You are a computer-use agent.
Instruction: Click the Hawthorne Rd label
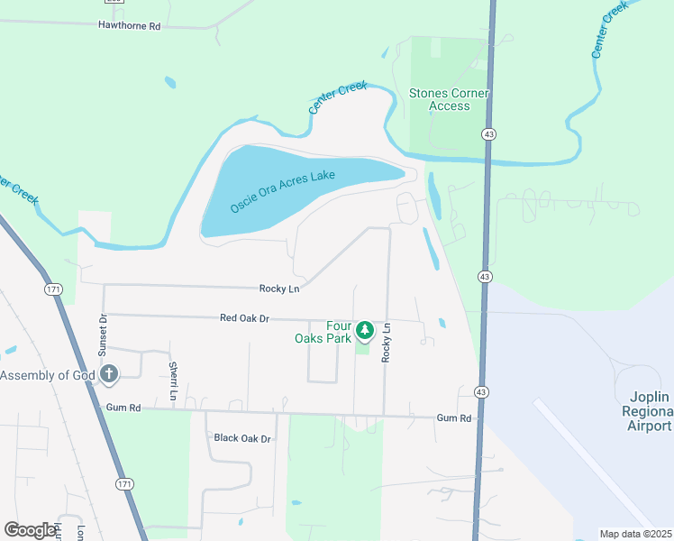(x=129, y=26)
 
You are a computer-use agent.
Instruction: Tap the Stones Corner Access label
(x=449, y=99)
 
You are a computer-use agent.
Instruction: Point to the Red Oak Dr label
(x=244, y=318)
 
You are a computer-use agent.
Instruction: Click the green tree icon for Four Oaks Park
(x=365, y=331)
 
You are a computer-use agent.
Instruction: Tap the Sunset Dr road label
(x=103, y=335)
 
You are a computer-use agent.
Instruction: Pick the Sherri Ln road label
(x=172, y=380)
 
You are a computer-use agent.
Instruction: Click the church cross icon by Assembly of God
(x=108, y=374)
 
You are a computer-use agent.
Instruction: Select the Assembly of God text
(x=45, y=375)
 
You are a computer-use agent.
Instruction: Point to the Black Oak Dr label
(x=242, y=438)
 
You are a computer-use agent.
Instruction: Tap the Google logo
(x=31, y=530)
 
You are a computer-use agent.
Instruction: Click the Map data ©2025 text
(x=634, y=534)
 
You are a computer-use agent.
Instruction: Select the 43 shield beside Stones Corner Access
(x=487, y=133)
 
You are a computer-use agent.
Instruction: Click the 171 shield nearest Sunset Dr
(x=53, y=289)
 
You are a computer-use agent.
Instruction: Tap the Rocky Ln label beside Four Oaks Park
(x=387, y=344)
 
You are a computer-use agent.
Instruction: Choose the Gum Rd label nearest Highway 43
(x=454, y=418)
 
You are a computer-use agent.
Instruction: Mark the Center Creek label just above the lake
(x=339, y=98)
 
